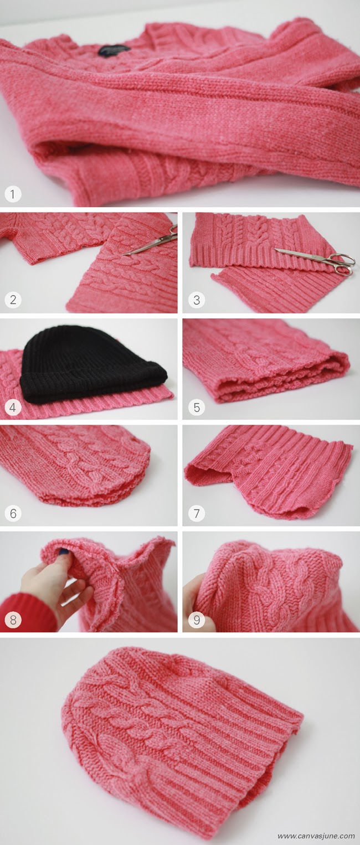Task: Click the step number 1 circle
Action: pos(13,194)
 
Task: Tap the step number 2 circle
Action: pos(13,300)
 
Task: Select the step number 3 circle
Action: pos(196,300)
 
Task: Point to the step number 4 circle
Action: pos(13,408)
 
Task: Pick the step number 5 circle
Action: pos(196,408)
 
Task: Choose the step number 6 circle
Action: pos(13,513)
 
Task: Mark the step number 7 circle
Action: pos(196,513)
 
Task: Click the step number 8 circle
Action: pos(13,620)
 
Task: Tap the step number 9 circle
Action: pos(196,620)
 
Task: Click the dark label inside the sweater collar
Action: pos(114,49)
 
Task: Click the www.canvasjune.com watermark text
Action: pos(316,836)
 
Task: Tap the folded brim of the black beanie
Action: pos(94,388)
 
